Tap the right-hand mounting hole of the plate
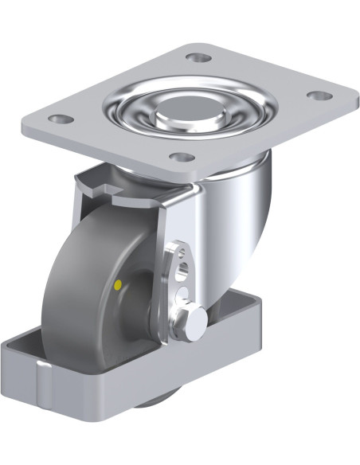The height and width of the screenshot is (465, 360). [x=319, y=96]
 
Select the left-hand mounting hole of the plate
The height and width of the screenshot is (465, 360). [x=56, y=119]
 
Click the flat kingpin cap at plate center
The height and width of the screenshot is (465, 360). [x=189, y=111]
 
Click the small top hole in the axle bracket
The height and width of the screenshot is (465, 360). [x=179, y=253]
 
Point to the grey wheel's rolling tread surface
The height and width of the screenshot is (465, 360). [x=68, y=271]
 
